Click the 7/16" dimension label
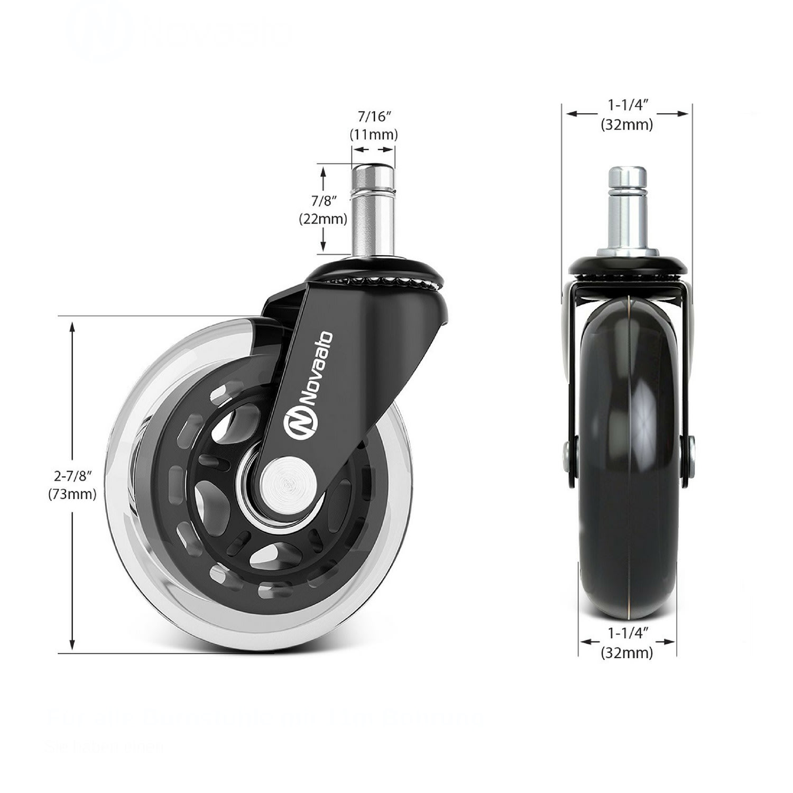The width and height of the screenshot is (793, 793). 374,116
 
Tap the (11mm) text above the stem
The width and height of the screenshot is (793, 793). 374,134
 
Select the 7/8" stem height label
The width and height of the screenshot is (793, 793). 324,201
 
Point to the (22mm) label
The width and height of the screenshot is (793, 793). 323,218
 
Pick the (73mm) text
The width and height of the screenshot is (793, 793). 72,494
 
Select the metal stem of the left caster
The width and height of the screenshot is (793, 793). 373,211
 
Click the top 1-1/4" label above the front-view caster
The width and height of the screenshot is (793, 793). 627,105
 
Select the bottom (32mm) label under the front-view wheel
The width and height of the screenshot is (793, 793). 627,652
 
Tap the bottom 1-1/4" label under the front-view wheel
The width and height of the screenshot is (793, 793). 628,633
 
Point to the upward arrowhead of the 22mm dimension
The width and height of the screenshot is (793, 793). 324,170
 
